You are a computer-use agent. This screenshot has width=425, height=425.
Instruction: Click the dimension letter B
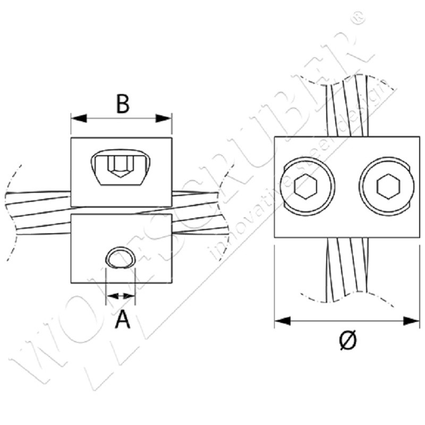click(x=122, y=104)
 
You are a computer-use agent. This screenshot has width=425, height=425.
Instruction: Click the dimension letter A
click(x=122, y=319)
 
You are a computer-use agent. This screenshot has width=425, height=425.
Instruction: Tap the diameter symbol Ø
click(x=347, y=340)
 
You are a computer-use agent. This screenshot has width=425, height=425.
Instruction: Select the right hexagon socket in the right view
click(x=386, y=187)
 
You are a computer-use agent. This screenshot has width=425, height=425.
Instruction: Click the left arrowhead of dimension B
click(x=77, y=118)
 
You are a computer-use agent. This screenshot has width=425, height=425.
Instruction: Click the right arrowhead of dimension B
click(x=166, y=118)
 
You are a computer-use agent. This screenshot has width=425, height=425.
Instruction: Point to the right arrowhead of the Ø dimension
click(x=413, y=321)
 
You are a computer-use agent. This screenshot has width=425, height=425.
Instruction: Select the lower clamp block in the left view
click(x=121, y=248)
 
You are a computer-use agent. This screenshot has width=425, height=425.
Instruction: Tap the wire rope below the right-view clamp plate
click(x=345, y=268)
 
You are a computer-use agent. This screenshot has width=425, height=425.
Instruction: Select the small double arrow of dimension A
click(x=121, y=295)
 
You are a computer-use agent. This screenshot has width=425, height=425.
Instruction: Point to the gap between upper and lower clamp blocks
click(x=121, y=209)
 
